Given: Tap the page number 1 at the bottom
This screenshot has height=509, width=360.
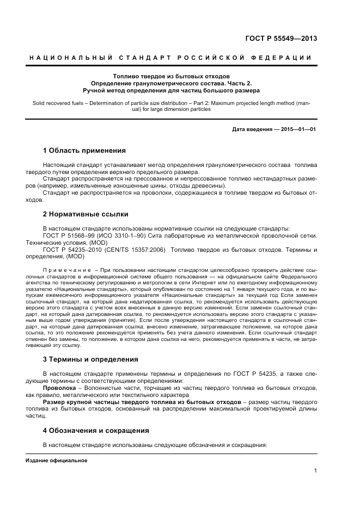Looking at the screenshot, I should point(315,471).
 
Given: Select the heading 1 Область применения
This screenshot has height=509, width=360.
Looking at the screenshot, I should point(84,150).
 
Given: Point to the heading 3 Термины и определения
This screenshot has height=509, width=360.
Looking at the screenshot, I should point(90,359).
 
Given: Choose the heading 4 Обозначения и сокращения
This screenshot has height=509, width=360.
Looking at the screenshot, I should point(96,430).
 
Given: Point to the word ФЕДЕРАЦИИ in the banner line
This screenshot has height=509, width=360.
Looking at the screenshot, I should point(284,58).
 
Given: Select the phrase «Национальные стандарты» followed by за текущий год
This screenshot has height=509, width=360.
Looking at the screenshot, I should point(190,297).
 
